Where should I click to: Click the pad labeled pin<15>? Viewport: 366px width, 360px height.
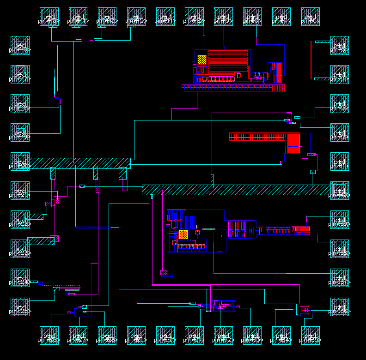[x=49, y=17]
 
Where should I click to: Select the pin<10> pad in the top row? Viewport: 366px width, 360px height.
[x=194, y=17]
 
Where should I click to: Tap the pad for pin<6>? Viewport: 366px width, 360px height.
[x=311, y=17]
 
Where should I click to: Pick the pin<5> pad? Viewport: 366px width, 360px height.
[x=340, y=45]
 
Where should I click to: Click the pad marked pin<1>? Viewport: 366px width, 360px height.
[x=340, y=162]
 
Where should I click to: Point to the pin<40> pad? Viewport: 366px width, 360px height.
[x=340, y=191]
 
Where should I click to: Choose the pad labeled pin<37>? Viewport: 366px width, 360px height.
[x=340, y=278]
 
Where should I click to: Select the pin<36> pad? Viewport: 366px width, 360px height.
[x=340, y=307]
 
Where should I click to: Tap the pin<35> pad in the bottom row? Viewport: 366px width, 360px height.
[x=311, y=336]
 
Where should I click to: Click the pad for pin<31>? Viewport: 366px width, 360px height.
[x=194, y=336]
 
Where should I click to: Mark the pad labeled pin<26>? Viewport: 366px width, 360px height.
[x=49, y=336]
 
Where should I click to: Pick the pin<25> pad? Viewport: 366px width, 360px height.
[x=20, y=307]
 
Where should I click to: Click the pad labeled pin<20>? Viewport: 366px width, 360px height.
[x=20, y=162]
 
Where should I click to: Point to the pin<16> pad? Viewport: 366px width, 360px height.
[x=20, y=45]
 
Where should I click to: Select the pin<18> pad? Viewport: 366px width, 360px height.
[x=20, y=103]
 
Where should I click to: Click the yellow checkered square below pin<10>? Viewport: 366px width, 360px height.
[x=202, y=60]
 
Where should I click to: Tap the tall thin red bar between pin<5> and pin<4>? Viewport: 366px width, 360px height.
[x=312, y=60]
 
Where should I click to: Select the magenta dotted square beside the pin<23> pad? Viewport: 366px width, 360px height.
[x=54, y=239]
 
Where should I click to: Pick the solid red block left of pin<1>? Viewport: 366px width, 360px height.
[x=293, y=143]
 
